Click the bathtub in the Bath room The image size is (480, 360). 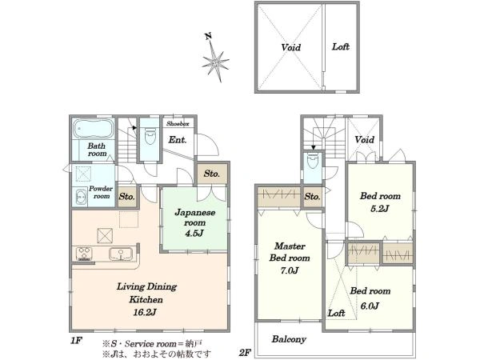click(94, 129)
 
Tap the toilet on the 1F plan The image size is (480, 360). click(150, 136)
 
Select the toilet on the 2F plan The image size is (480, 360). click(313, 161)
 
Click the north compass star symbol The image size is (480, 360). click(215, 62)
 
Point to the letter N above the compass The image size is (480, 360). click(209, 37)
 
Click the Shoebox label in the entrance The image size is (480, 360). click(178, 124)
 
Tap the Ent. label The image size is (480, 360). click(178, 140)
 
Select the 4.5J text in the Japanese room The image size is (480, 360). click(194, 234)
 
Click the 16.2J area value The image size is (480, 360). click(145, 312)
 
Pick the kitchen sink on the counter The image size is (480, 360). click(121, 254)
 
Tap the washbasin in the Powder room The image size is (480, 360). click(81, 196)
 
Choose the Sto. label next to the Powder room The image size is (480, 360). click(127, 196)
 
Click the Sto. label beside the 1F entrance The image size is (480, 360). click(212, 174)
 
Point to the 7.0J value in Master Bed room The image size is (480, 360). click(290, 270)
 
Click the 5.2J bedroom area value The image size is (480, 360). click(379, 209)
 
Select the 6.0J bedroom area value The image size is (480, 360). click(370, 306)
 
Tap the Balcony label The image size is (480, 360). click(289, 339)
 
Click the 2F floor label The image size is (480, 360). click(246, 353)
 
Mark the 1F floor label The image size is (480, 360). click(76, 341)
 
